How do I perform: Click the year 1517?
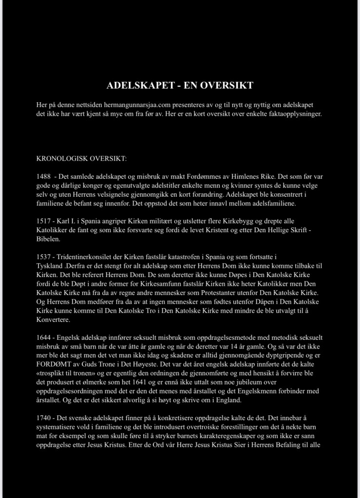point(44,221)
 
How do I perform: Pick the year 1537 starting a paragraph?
point(44,256)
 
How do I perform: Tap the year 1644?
point(44,337)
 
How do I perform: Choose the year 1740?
point(44,418)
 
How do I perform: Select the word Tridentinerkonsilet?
point(85,256)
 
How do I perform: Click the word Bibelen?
point(49,239)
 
